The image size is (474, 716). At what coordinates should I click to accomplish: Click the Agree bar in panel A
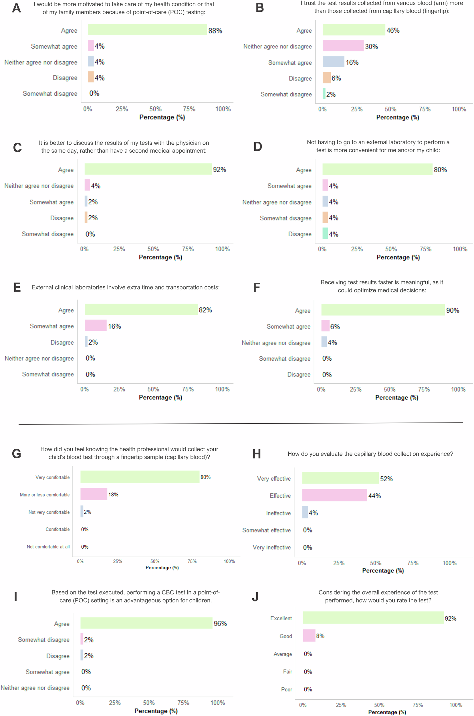coord(147,30)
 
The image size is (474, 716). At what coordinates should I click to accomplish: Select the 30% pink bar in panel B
coord(343,46)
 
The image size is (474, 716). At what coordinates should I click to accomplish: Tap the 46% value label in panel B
coord(393,30)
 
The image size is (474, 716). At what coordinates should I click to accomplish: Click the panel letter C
coord(17,148)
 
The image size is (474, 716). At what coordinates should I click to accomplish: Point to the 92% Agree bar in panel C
coord(148,169)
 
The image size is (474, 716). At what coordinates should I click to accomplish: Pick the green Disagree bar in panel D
coord(325,233)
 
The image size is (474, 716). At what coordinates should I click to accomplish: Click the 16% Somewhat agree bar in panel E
coord(96,325)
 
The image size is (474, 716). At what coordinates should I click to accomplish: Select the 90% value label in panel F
coord(452,310)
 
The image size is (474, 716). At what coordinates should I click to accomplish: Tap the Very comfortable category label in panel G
coord(52,477)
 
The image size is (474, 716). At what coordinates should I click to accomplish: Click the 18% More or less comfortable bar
coord(94,494)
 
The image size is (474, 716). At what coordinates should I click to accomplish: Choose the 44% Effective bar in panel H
coord(334,495)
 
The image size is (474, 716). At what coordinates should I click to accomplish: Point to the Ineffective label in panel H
coord(278,513)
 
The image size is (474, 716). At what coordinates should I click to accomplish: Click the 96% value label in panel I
coord(220,623)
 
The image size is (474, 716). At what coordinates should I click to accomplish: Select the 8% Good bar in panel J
coord(309,636)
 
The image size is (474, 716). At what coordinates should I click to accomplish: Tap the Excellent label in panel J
coord(281,618)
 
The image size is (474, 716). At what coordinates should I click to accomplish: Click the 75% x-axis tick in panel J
coord(417,705)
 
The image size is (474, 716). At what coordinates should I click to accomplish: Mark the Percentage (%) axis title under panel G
coord(162,568)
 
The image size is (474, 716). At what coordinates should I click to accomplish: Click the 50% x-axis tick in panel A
coord(155,109)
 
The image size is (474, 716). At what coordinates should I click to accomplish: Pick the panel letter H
coord(256,454)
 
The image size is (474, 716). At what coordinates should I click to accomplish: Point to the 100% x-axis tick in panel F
coord(458,390)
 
